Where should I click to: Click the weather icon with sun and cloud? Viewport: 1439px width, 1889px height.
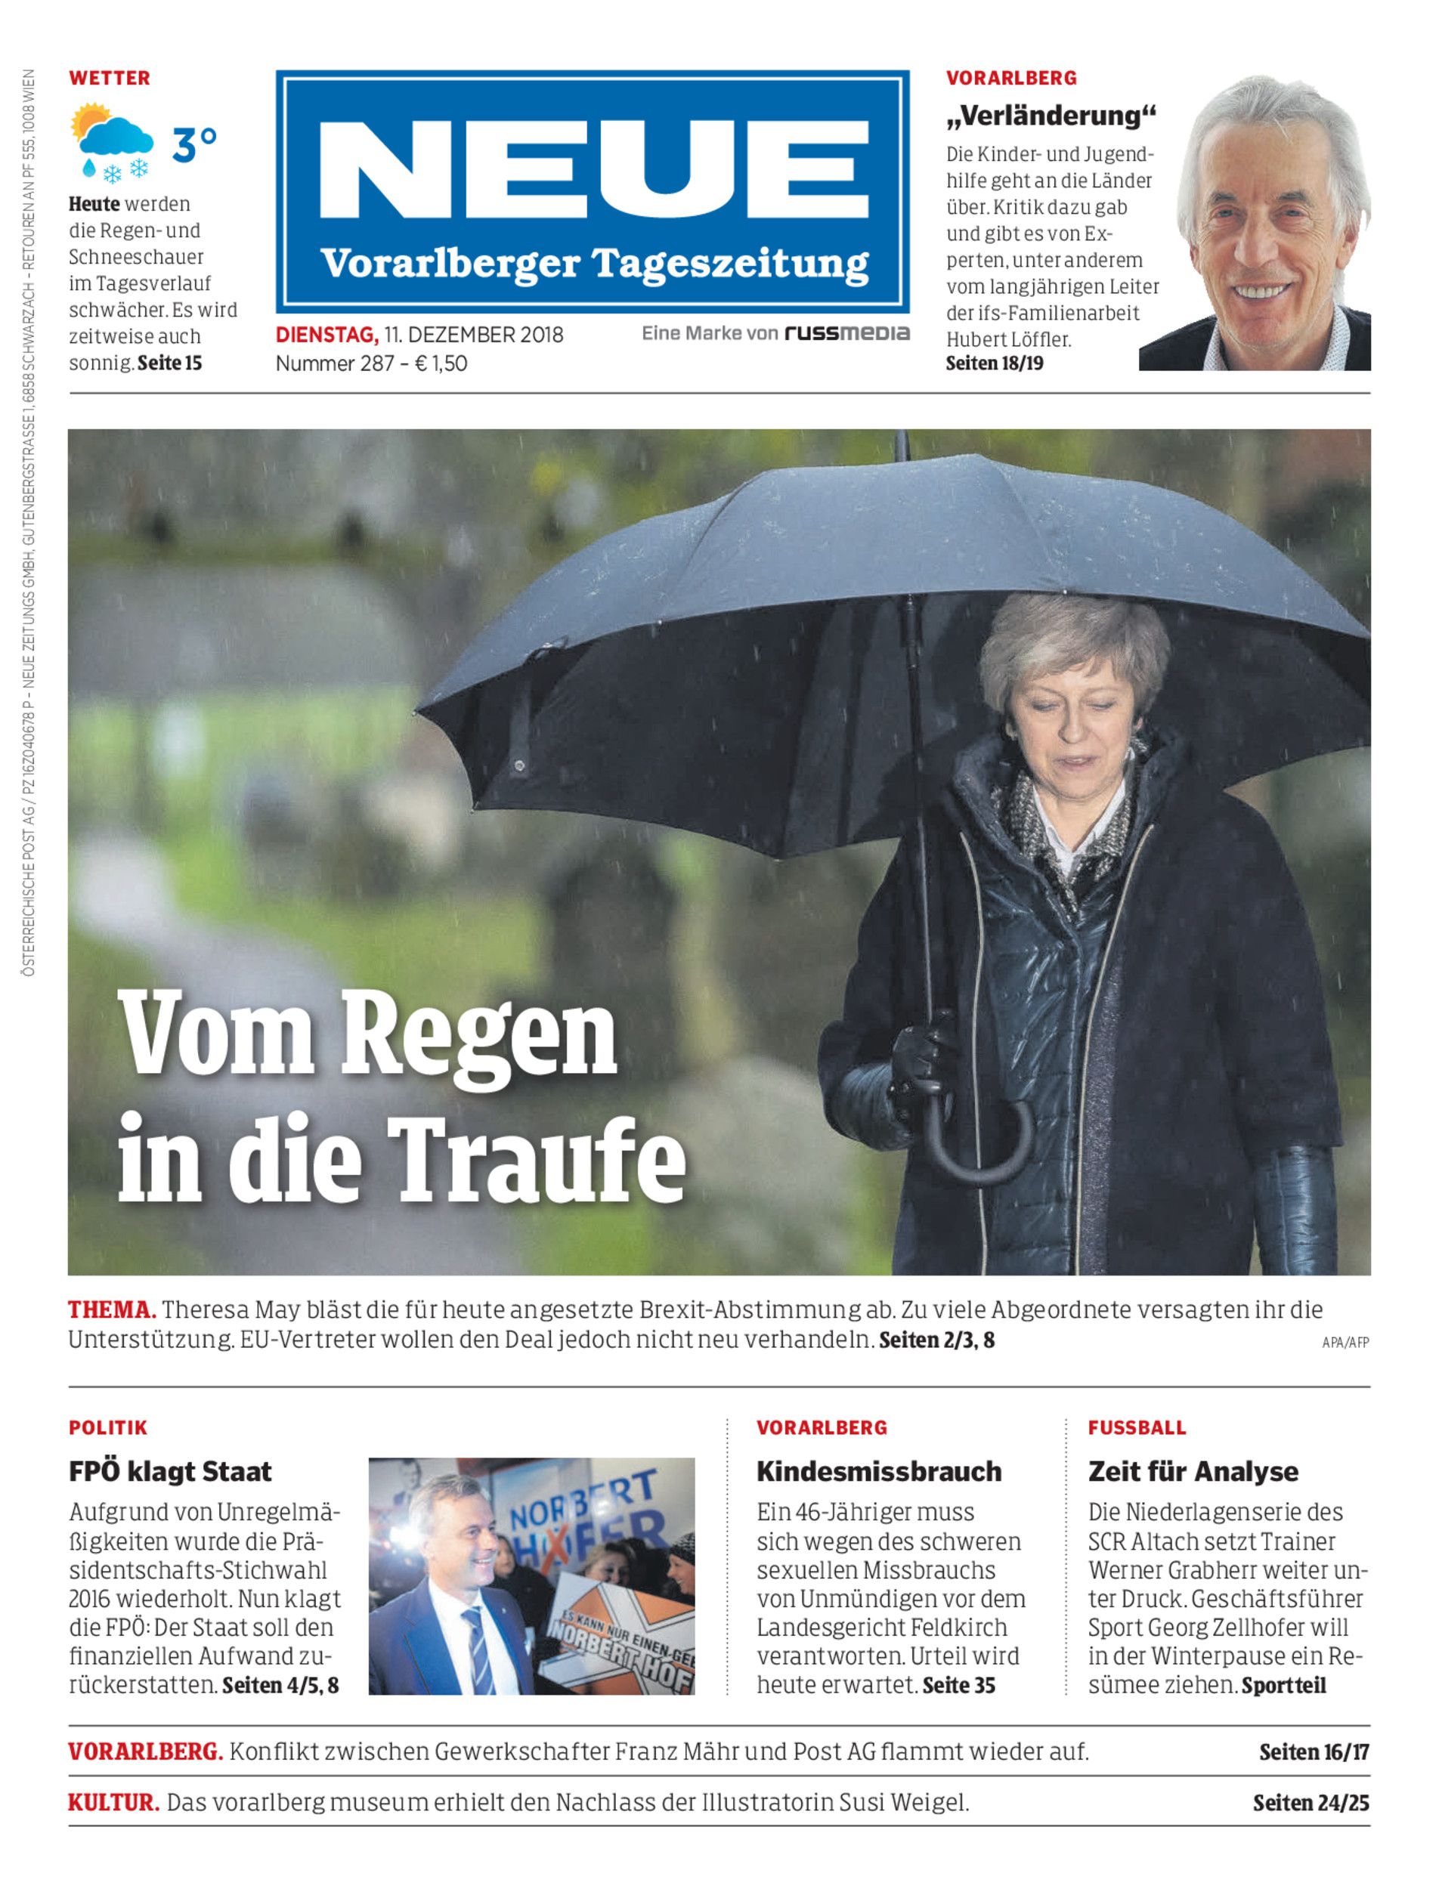112,142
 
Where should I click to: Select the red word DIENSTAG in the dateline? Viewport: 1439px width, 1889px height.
326,335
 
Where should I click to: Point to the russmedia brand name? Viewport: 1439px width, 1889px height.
847,333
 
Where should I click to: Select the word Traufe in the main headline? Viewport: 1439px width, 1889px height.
535,1158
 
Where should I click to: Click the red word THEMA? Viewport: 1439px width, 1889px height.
111,1309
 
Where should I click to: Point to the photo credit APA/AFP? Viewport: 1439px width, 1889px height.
1345,1343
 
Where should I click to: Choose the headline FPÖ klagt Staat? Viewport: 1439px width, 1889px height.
169,1471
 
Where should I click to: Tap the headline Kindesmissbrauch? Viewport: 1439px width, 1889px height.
879,1471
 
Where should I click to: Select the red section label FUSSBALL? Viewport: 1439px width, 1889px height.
1137,1427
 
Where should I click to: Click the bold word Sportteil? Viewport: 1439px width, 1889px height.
1283,1685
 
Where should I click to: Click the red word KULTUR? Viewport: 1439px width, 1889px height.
113,1803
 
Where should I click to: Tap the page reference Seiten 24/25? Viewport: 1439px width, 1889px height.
1311,1803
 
